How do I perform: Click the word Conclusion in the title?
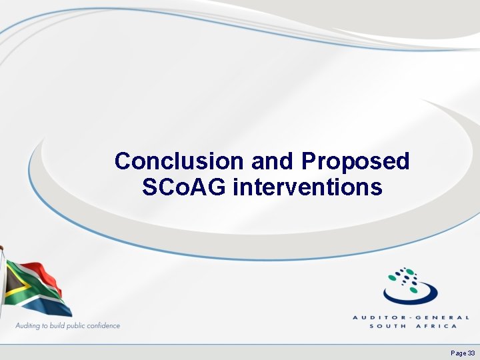click(x=179, y=161)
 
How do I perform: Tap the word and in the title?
click(x=273, y=161)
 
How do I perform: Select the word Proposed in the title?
click(x=355, y=161)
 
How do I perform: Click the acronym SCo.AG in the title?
click(x=185, y=187)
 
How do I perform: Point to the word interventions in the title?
click(x=308, y=187)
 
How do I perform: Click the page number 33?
click(x=471, y=352)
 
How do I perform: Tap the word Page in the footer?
click(x=458, y=352)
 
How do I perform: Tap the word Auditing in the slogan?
click(x=29, y=325)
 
